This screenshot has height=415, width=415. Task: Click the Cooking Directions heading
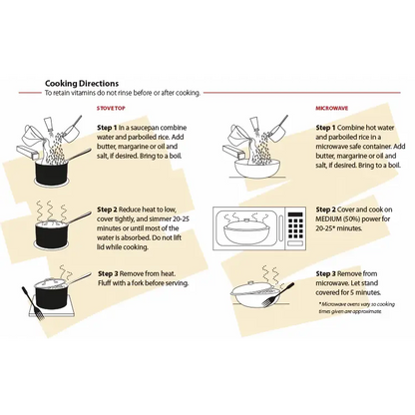point(82,83)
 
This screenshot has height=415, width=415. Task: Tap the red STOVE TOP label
point(111,109)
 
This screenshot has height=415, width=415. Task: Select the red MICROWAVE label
point(332,109)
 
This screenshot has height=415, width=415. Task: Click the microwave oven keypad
point(296,225)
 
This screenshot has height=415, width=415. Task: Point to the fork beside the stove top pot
point(33,303)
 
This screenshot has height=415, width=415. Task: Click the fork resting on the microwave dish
point(278,294)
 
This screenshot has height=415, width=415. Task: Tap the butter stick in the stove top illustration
point(28,153)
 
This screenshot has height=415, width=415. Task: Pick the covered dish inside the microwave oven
point(246,230)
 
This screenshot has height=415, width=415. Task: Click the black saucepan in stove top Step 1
point(52,172)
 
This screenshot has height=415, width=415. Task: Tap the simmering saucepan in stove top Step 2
point(52,233)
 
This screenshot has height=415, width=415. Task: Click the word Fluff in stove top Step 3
point(105,283)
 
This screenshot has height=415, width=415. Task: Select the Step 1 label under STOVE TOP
point(107,128)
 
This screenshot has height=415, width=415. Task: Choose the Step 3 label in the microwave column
point(326,274)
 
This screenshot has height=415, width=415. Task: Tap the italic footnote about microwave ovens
point(357,307)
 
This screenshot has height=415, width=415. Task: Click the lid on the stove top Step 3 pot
point(51,282)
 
